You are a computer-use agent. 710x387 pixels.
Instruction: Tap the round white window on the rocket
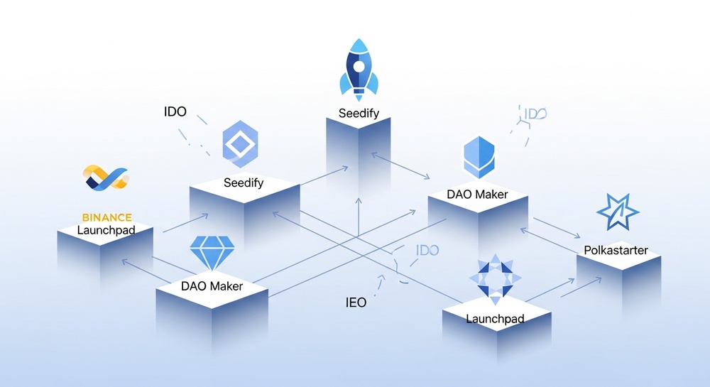359,67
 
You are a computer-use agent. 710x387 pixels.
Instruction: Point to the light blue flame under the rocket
359,92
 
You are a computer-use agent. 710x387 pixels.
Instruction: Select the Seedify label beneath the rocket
359,113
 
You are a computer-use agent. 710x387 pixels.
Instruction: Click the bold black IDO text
175,111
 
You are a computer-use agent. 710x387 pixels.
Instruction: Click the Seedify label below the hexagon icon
244,182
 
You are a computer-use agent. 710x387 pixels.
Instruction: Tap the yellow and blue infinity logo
105,178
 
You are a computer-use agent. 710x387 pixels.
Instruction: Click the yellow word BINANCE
106,217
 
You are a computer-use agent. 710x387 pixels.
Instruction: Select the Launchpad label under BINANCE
106,230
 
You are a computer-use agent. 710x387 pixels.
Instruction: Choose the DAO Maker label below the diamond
212,286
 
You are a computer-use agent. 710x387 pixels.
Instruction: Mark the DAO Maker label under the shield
477,195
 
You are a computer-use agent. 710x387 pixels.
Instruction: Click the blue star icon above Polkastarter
616,212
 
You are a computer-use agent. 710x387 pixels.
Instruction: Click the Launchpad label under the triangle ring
495,319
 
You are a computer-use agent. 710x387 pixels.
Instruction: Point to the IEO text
356,302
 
